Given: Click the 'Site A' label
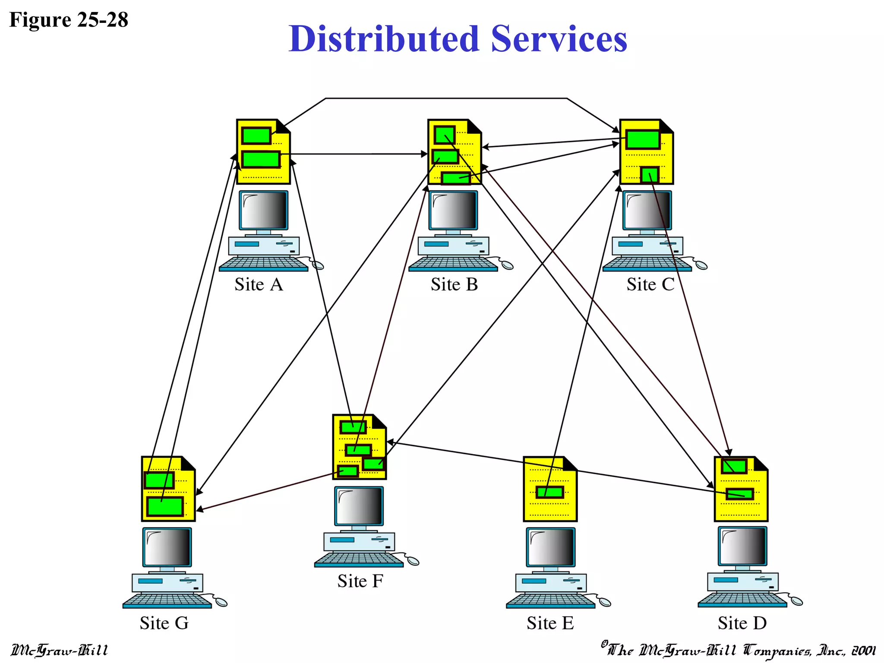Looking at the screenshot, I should (x=259, y=285).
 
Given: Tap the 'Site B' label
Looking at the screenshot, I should (x=454, y=285).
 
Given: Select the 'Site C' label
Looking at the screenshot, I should (x=650, y=285).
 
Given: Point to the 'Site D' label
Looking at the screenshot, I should (x=742, y=623).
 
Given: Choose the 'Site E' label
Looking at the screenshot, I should (x=550, y=623).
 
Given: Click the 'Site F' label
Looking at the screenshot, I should (x=360, y=581).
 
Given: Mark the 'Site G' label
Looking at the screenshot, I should (x=164, y=623).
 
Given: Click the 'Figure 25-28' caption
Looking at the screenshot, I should (x=69, y=20).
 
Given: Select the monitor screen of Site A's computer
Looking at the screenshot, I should (x=264, y=210).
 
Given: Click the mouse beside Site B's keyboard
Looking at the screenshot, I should (x=507, y=265).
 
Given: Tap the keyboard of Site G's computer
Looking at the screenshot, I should (x=167, y=600).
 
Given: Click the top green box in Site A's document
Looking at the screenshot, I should (x=256, y=136).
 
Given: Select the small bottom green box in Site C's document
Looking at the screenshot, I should (x=649, y=175).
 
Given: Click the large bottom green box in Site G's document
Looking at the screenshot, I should (x=165, y=506).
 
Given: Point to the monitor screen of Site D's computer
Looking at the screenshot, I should (x=742, y=546).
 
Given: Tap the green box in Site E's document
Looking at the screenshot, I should (x=550, y=492).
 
